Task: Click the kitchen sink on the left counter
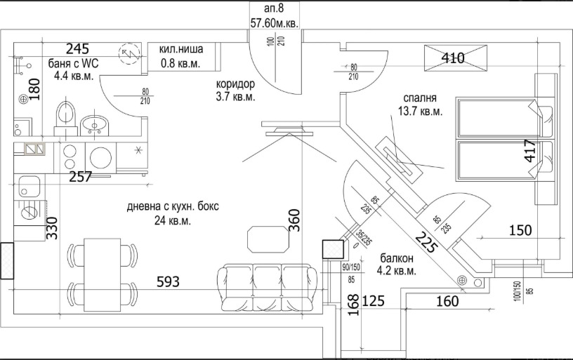tap(30, 187)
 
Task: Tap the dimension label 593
tap(168, 282)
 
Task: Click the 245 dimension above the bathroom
tap(78, 49)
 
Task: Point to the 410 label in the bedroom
tap(454, 58)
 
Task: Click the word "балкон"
tap(397, 258)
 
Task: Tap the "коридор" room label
tap(235, 84)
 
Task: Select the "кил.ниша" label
tap(181, 50)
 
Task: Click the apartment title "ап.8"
tap(274, 8)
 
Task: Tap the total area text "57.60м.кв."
tap(275, 22)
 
